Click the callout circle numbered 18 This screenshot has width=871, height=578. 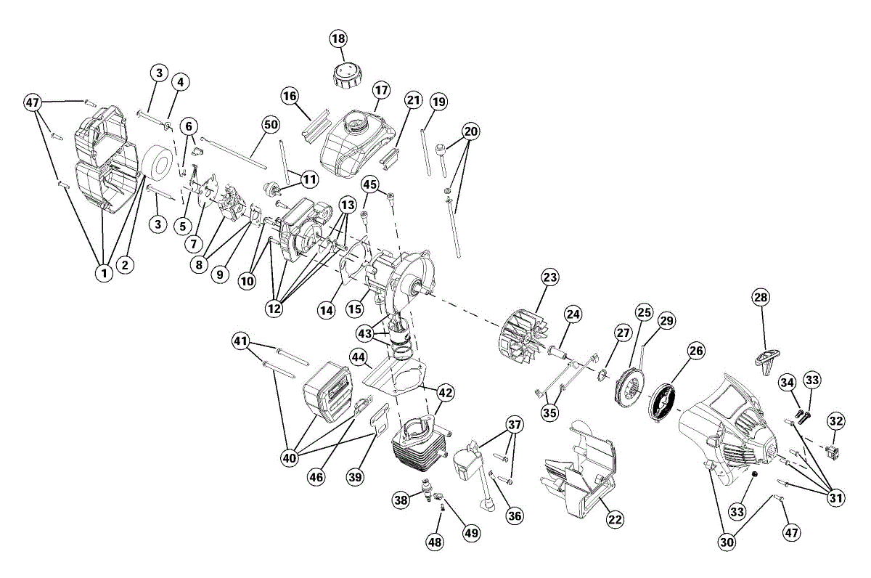(x=339, y=38)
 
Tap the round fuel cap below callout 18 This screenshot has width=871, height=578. (x=344, y=73)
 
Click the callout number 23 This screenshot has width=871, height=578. (x=549, y=277)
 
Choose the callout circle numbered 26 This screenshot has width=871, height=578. (x=696, y=351)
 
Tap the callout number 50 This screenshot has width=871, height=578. (x=271, y=125)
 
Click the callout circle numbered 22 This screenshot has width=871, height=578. (x=615, y=519)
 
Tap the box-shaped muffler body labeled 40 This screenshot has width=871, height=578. (x=328, y=396)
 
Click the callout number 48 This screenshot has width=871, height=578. (x=435, y=541)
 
